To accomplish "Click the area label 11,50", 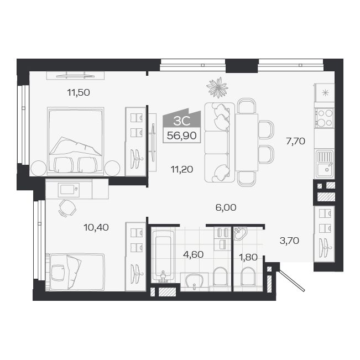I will coord(79,92).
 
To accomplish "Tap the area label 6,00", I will coord(226,207).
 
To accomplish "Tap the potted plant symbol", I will coord(217,86).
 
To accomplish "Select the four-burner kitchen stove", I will coord(324,117).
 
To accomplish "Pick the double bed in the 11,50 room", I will coord(76,138).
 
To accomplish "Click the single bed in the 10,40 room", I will coord(75,271).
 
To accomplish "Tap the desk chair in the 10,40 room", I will coord(67,208).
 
